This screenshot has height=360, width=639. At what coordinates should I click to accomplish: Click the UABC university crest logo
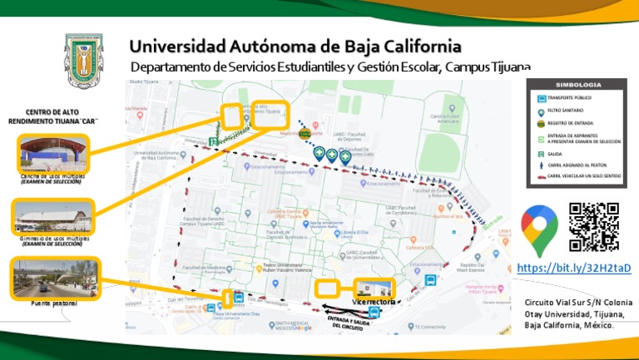(83, 62)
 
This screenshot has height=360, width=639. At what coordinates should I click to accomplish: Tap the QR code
(594, 227)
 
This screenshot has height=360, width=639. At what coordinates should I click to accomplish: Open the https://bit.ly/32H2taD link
(574, 268)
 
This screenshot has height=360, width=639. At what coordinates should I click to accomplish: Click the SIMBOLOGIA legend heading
(577, 86)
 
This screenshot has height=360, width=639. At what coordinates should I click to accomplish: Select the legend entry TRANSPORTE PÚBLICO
(571, 98)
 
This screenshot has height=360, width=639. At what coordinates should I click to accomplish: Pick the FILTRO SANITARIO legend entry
(566, 111)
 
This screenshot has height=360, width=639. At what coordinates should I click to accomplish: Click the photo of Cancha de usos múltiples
(52, 155)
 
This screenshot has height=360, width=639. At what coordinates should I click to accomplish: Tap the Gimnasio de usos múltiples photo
(52, 218)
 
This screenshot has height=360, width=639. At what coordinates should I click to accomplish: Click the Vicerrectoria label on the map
(374, 301)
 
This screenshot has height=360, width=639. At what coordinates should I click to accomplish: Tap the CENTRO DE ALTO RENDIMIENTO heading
(53, 116)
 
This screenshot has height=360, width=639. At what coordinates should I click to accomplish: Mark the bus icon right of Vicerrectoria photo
(430, 281)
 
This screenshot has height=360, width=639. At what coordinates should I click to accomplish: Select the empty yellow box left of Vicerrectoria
(328, 288)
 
